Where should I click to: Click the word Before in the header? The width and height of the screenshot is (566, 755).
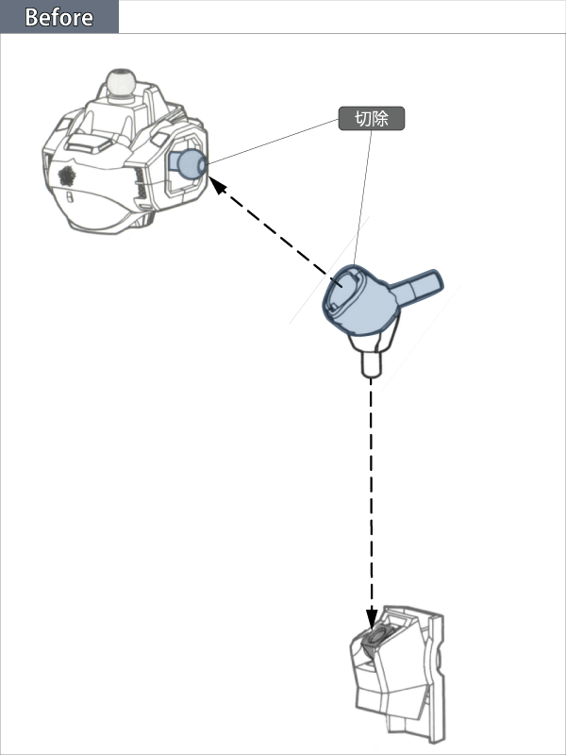pyautogui.click(x=58, y=17)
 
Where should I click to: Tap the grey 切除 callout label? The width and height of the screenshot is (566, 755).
pyautogui.click(x=372, y=119)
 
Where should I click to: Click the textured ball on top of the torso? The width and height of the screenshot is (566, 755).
pyautogui.click(x=121, y=82)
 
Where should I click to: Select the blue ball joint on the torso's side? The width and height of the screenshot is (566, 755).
pyautogui.click(x=191, y=163)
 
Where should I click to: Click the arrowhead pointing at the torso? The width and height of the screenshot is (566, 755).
pyautogui.click(x=217, y=184)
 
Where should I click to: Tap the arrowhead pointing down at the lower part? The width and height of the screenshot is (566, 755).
pyautogui.click(x=372, y=618)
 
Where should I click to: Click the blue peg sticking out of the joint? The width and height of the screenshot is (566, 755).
pyautogui.click(x=417, y=287)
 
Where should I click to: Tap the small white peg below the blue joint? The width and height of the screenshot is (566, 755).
pyautogui.click(x=371, y=364)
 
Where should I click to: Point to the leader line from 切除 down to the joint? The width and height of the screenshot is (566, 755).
pyautogui.click(x=363, y=197)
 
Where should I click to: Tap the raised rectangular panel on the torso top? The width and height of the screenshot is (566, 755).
pyautogui.click(x=88, y=143)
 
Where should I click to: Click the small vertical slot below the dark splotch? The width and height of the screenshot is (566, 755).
pyautogui.click(x=69, y=197)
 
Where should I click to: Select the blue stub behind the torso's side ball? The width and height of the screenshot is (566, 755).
pyautogui.click(x=174, y=159)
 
